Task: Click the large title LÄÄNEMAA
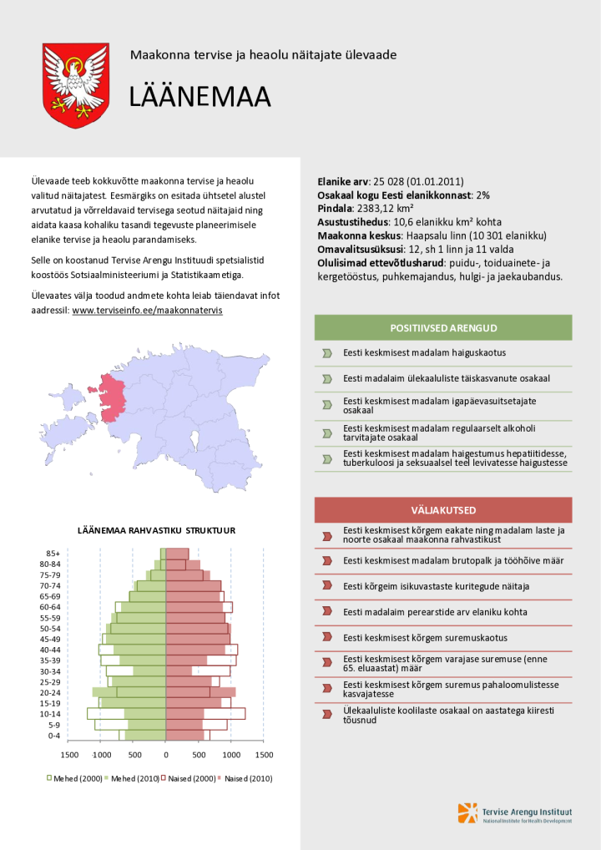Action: coord(199,98)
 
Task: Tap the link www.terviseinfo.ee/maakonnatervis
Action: coord(148,310)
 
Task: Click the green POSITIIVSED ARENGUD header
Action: coord(443,327)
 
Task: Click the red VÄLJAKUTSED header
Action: coord(443,509)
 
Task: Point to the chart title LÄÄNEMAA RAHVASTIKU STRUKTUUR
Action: coord(156,530)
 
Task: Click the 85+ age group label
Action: coord(53,554)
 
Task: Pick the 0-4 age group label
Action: coord(53,736)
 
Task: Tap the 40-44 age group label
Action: coord(51,650)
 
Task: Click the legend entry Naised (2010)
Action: coord(249,778)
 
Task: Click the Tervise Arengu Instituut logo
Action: coord(515,812)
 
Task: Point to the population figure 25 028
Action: coord(391,181)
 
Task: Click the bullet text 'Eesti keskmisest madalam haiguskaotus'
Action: coord(424,352)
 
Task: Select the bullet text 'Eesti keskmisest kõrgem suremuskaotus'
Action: coord(426,637)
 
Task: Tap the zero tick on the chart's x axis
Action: coord(166,755)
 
